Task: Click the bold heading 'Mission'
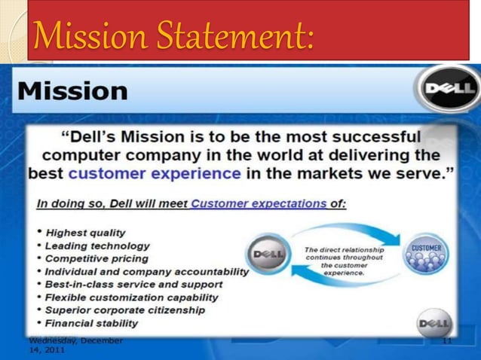click(x=72, y=92)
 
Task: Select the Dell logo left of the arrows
click(x=268, y=255)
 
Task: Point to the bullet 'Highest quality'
click(x=85, y=233)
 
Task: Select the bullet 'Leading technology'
click(x=97, y=246)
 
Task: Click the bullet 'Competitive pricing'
click(x=97, y=258)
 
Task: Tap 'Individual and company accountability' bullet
click(x=146, y=271)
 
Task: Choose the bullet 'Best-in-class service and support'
click(x=133, y=284)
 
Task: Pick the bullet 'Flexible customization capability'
click(x=131, y=297)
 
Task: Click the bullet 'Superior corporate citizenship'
click(x=124, y=310)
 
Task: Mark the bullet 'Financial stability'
click(x=91, y=323)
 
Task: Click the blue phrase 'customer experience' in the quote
click(x=155, y=172)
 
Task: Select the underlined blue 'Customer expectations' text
click(x=259, y=203)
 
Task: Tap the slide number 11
click(x=446, y=342)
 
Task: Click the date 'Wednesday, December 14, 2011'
click(x=75, y=346)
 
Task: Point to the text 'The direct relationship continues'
click(x=344, y=254)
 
